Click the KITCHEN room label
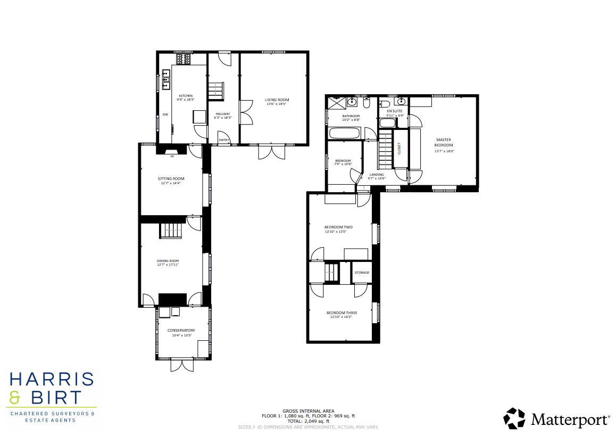coord(186,96)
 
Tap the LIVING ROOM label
coord(277,100)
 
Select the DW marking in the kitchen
coord(165,114)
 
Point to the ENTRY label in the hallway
coord(224,141)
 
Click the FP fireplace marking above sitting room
coord(172,157)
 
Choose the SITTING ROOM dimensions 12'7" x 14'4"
coord(171,183)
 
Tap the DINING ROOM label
coord(168,261)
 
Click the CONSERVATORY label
coord(181,330)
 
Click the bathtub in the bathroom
coord(345,133)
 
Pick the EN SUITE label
coord(387,111)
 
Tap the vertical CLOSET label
coord(399,149)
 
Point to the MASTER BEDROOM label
coord(444,142)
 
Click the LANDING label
coord(377,175)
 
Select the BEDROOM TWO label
coord(339,227)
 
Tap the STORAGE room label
coord(362,273)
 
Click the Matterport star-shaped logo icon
coord(514,418)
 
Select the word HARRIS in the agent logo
coord(52,380)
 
